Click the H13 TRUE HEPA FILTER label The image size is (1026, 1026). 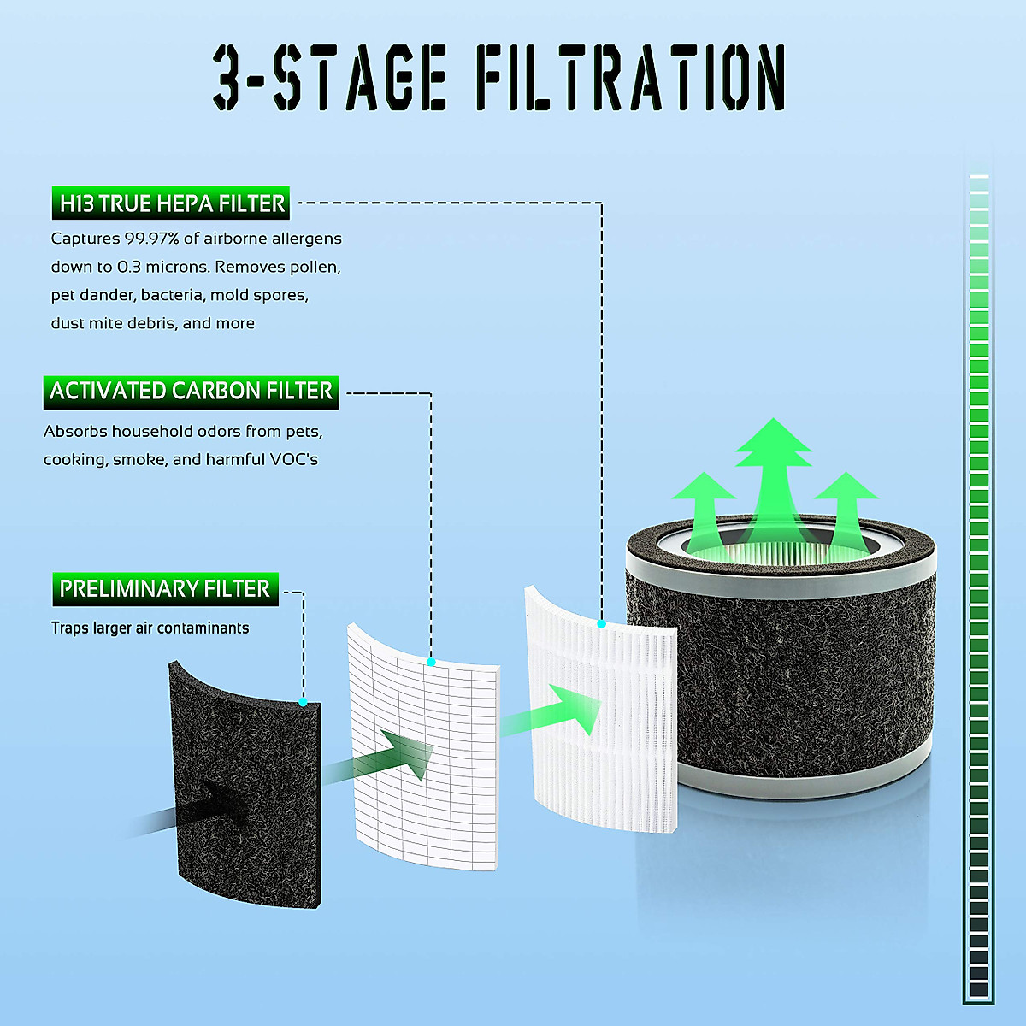171,203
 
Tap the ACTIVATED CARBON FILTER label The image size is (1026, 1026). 191,392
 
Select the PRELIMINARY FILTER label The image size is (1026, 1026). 165,589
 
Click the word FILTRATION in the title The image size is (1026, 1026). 630,79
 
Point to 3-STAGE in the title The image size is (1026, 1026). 329,79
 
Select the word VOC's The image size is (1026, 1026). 293,460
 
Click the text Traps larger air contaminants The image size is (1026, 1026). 150,628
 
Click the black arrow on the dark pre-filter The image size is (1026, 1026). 214,808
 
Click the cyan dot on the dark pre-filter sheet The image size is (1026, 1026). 304,702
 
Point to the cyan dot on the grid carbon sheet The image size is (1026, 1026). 431,662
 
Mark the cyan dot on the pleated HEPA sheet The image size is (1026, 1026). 601,624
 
